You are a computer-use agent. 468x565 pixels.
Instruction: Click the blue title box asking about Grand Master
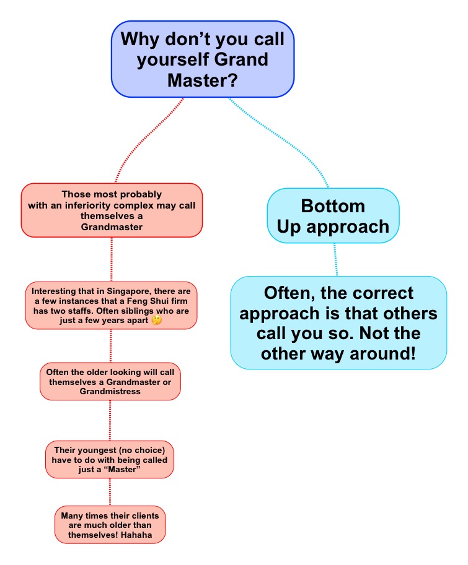point(203,59)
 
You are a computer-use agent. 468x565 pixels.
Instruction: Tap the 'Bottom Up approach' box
point(333,216)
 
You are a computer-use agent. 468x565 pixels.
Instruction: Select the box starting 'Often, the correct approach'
point(338,323)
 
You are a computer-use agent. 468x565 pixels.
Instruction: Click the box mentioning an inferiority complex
point(112,210)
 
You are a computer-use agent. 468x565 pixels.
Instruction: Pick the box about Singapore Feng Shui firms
point(111,306)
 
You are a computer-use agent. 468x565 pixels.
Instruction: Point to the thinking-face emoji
point(157,320)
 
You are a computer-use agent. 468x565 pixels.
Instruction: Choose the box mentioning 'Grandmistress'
point(110,381)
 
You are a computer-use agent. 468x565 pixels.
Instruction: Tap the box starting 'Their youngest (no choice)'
point(110,459)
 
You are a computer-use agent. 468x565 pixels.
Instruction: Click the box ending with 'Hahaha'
point(110,525)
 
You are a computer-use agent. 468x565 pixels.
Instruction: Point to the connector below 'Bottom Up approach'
point(336,259)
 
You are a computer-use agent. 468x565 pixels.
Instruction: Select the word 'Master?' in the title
point(203,80)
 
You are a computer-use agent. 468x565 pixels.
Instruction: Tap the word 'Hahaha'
point(136,535)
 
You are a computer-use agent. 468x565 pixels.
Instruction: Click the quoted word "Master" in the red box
point(121,469)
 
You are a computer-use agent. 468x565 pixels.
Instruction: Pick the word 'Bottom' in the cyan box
point(333,206)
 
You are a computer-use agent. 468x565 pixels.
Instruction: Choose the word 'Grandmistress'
point(110,391)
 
